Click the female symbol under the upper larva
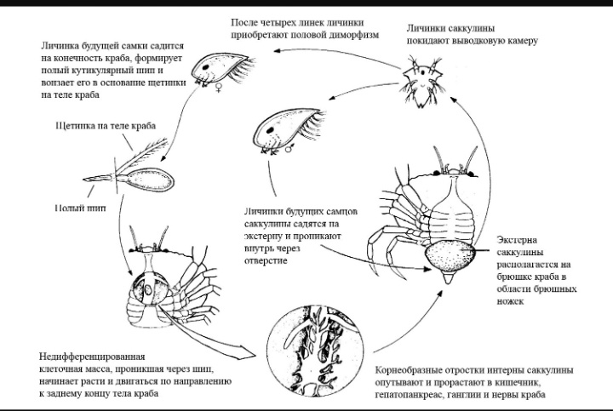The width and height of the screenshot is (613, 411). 219,85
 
